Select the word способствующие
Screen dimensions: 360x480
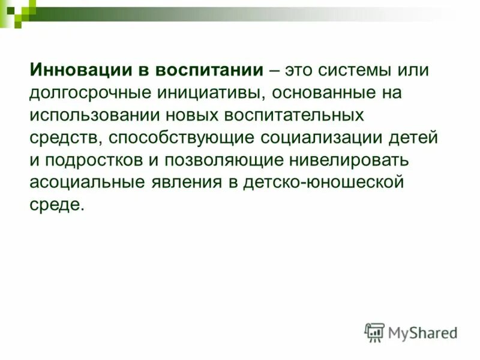point(182,137)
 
